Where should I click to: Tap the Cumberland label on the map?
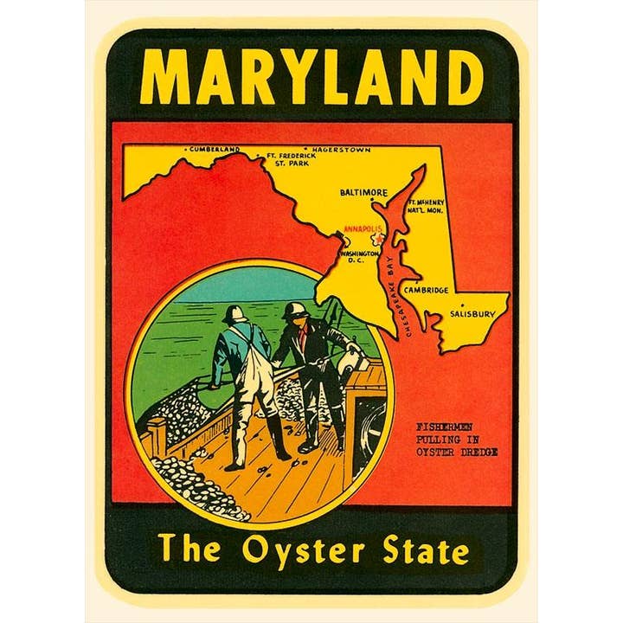tap(215, 150)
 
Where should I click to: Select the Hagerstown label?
tap(342, 150)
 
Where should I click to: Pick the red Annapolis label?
tap(362, 228)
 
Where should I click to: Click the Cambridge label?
tap(426, 290)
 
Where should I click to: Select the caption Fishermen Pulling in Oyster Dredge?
tap(456, 439)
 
